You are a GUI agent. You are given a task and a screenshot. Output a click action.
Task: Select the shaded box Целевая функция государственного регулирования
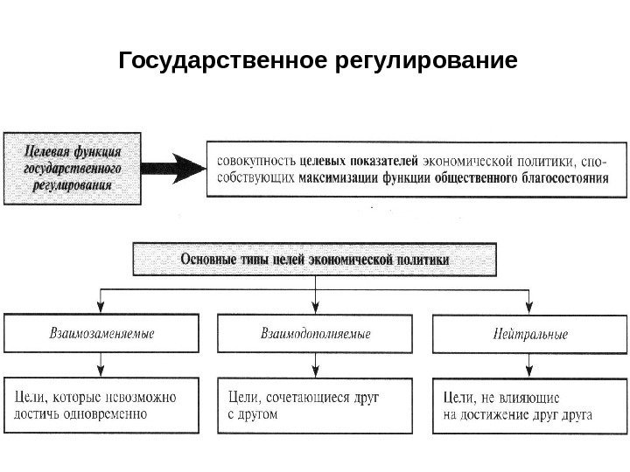click(72, 168)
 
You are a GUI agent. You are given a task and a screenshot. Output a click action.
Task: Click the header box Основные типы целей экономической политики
click(314, 260)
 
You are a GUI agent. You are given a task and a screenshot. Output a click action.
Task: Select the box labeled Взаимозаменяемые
click(101, 334)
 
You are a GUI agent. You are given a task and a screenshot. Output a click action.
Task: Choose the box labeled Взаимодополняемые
click(315, 334)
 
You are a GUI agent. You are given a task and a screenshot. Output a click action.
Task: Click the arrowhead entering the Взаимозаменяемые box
click(101, 307)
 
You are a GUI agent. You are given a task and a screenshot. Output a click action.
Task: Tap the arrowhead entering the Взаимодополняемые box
click(314, 307)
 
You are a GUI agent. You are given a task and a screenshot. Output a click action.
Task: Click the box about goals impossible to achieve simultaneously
click(101, 405)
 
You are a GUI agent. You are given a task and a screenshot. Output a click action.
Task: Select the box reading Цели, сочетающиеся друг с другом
click(315, 405)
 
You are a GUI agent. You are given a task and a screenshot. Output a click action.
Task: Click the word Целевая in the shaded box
click(48, 149)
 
